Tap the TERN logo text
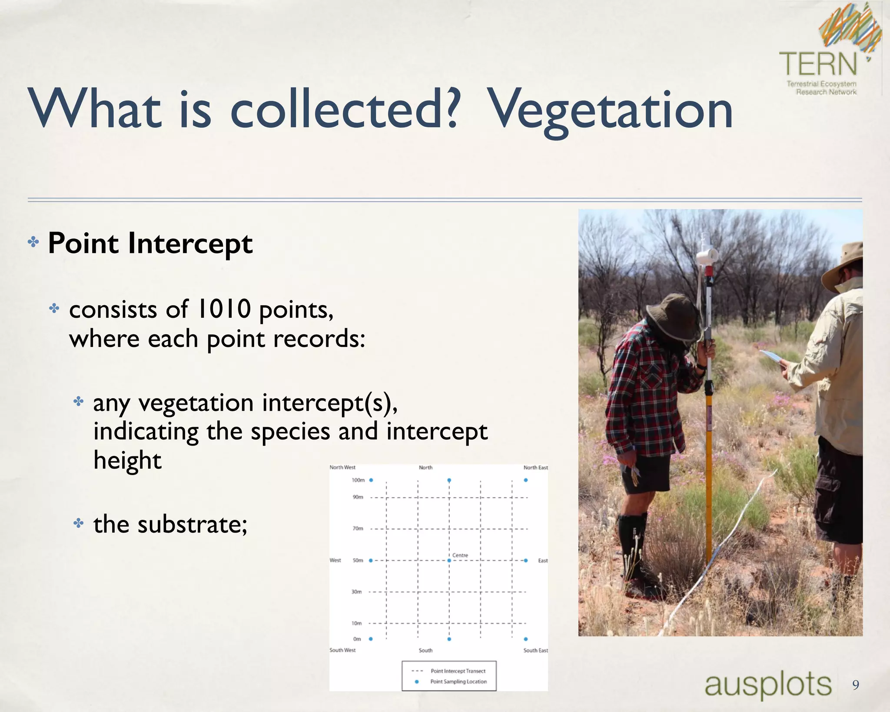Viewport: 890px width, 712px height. (818, 64)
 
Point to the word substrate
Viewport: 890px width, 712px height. (192, 524)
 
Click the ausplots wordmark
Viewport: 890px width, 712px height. (767, 684)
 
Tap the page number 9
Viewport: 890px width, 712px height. (855, 685)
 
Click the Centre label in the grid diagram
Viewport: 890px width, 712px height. (460, 555)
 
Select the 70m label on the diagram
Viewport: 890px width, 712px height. (358, 529)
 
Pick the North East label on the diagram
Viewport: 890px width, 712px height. (535, 468)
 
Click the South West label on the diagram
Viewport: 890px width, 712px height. (342, 650)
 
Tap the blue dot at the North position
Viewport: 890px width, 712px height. (449, 480)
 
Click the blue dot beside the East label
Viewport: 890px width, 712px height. (525, 561)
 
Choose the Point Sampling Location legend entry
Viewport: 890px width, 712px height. (458, 682)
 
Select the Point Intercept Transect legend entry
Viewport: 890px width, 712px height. (458, 671)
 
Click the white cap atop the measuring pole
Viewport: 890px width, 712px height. (707, 253)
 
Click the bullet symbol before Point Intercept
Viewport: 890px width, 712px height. (33, 242)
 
